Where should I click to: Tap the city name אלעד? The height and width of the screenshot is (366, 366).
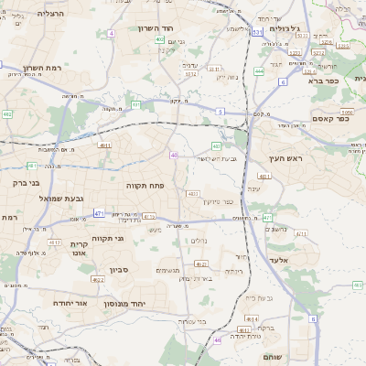[279, 260]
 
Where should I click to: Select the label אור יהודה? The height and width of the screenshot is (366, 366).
[69, 303]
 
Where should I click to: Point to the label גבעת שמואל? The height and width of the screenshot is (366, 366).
[62, 198]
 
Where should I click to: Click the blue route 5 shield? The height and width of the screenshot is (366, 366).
[221, 111]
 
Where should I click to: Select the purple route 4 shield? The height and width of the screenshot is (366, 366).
[111, 33]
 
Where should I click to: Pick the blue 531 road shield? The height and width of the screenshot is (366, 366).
[258, 31]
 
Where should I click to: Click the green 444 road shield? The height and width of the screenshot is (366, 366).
[260, 70]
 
